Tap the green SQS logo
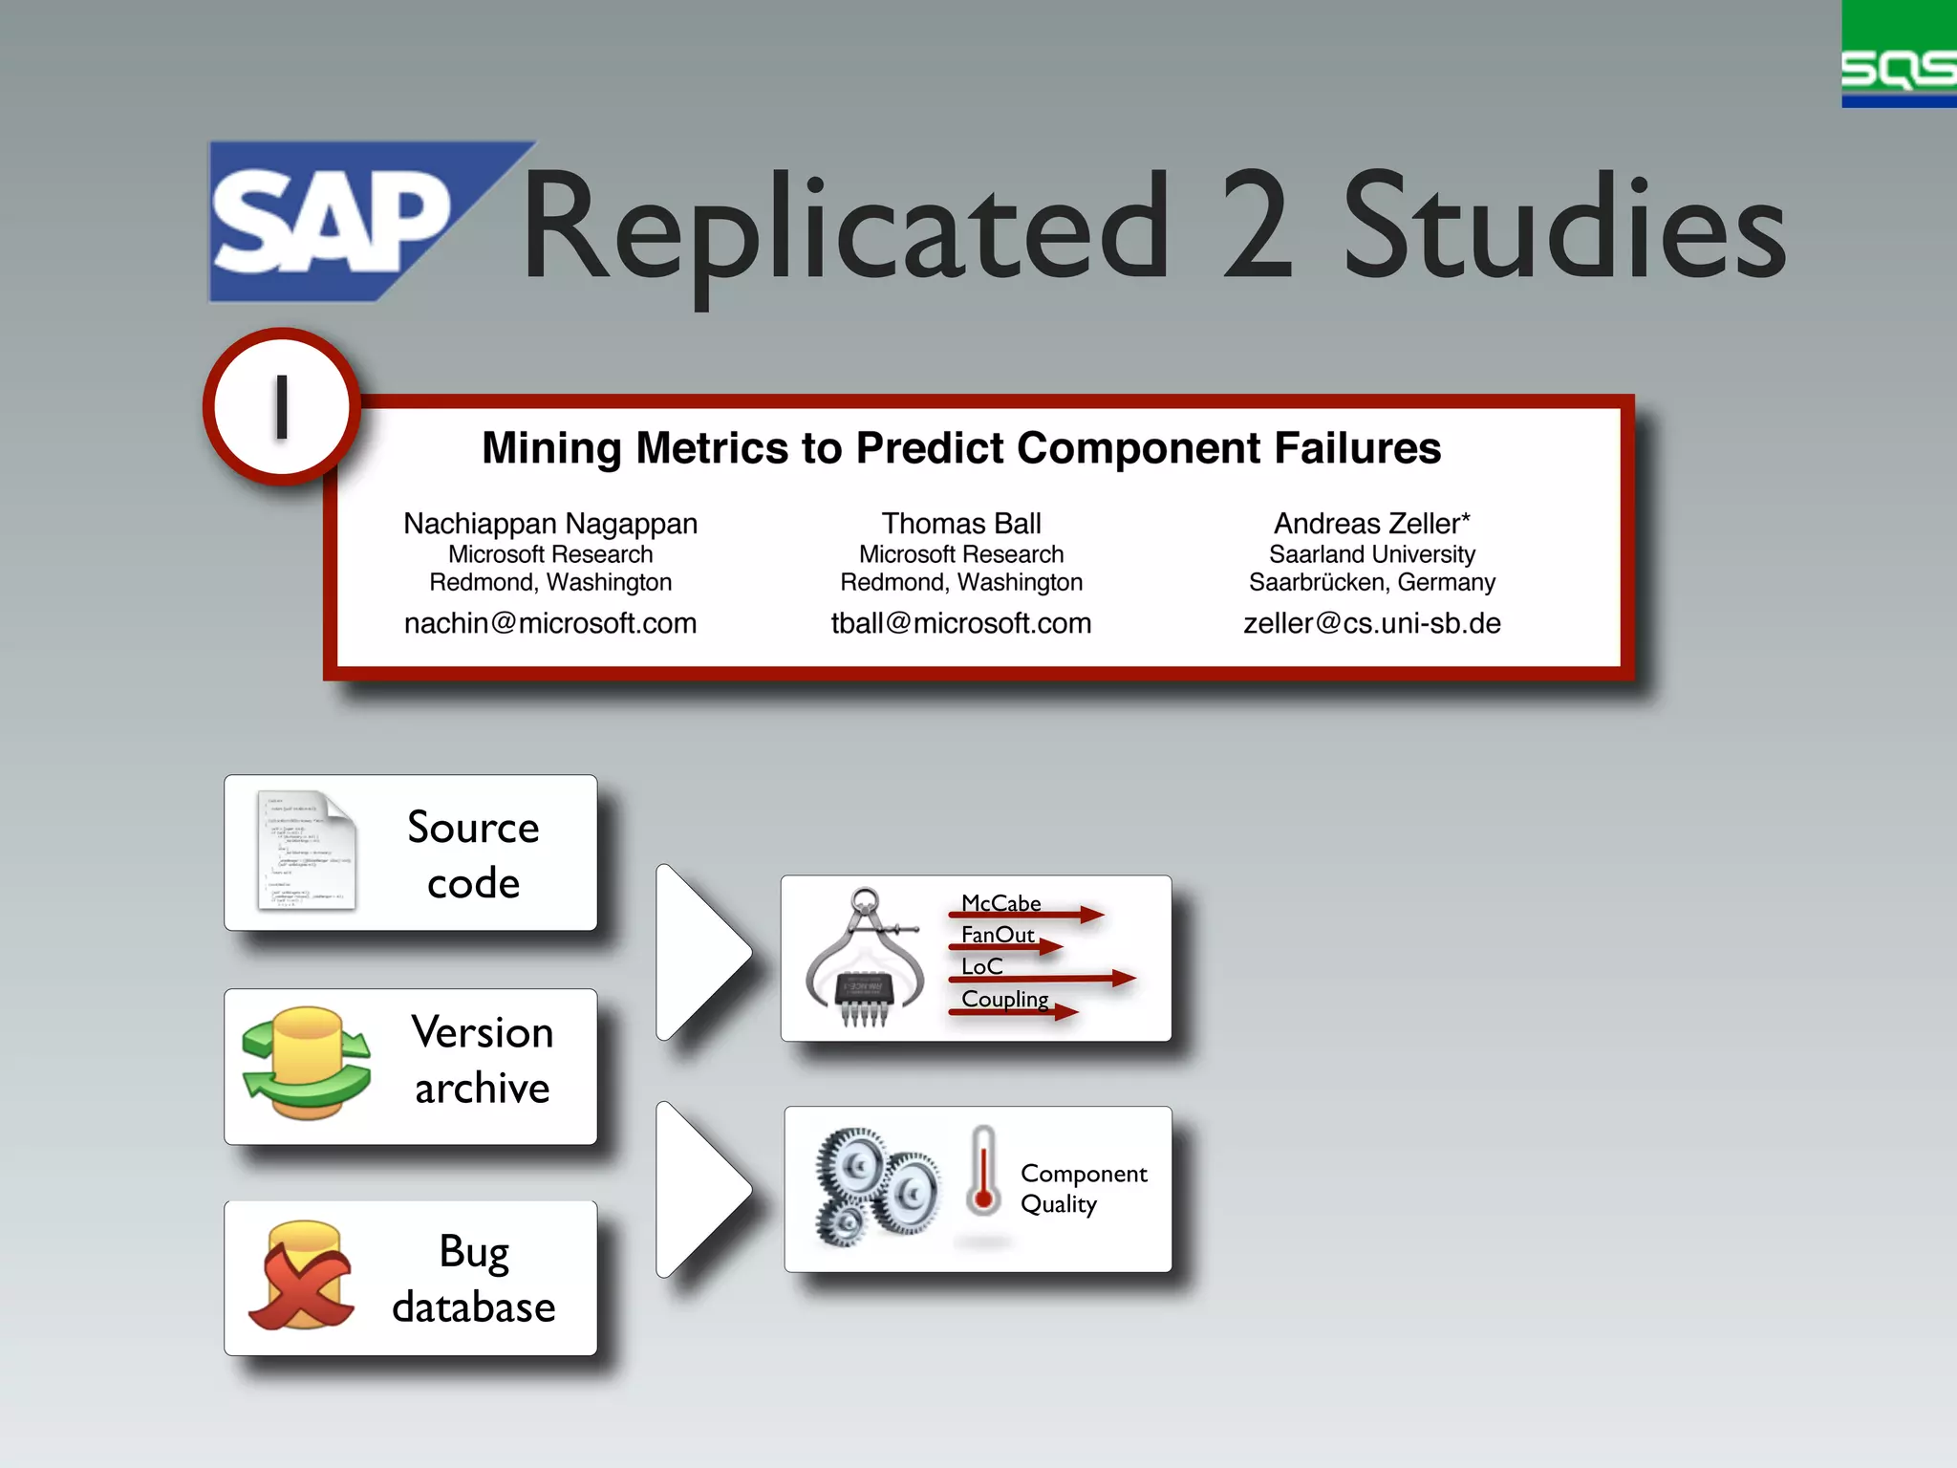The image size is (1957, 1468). (x=1898, y=55)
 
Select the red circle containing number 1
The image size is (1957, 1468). (x=282, y=407)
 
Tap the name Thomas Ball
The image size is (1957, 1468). (x=960, y=524)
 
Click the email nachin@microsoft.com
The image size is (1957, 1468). (x=550, y=623)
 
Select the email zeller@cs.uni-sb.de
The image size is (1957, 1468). (x=1371, y=623)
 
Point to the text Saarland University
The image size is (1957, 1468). (x=1371, y=554)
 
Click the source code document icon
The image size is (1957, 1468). (x=307, y=851)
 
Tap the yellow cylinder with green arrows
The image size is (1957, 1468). (x=306, y=1063)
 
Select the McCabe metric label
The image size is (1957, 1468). (x=1000, y=903)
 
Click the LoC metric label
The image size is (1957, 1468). (x=981, y=966)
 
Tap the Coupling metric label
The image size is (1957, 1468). (x=1004, y=999)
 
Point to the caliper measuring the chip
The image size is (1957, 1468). (x=865, y=956)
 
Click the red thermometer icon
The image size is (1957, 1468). (x=982, y=1172)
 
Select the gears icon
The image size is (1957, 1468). (x=874, y=1185)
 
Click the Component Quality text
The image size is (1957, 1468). (x=1083, y=1188)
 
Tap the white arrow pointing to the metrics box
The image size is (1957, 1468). (x=702, y=952)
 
